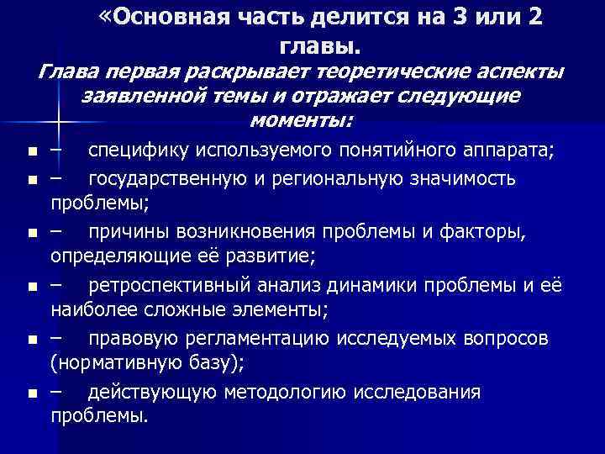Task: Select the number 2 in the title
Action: coord(534,18)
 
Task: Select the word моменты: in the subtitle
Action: coord(302,123)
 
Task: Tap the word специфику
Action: coord(135,150)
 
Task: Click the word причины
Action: coord(127,230)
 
